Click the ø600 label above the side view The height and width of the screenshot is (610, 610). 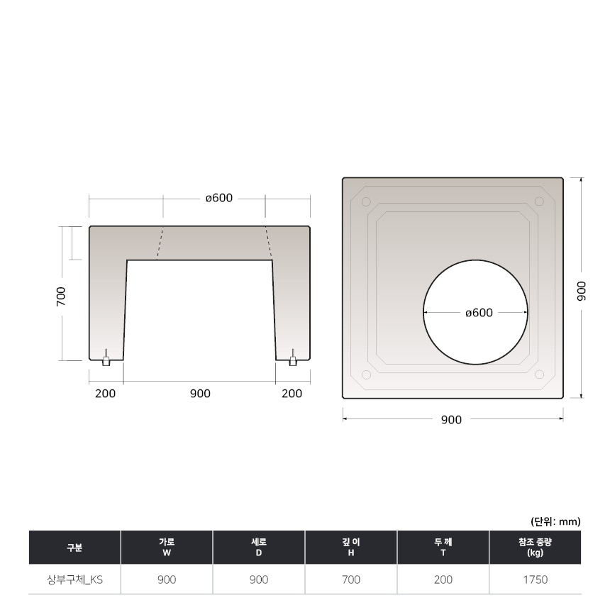pyautogui.click(x=219, y=198)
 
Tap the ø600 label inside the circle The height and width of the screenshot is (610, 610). pyautogui.click(x=479, y=313)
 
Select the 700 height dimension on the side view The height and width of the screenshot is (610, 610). pyautogui.click(x=61, y=296)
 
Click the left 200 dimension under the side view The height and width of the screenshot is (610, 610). pyautogui.click(x=106, y=394)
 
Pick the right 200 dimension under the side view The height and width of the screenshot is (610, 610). pyautogui.click(x=292, y=394)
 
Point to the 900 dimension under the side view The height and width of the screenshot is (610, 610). pyautogui.click(x=200, y=394)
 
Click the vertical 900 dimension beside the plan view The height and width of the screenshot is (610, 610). pyautogui.click(x=581, y=291)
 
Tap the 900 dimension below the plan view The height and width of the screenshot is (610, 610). pyautogui.click(x=451, y=420)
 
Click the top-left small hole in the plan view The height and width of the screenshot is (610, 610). pyautogui.click(x=366, y=201)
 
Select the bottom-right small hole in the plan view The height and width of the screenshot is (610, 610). pyautogui.click(x=539, y=375)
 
